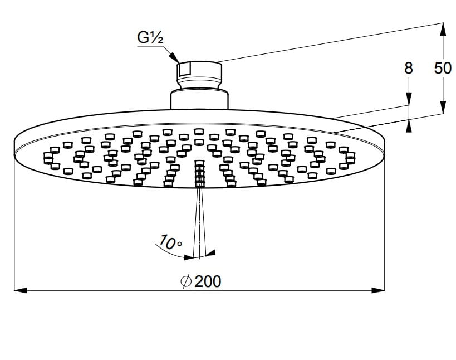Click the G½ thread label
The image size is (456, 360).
(x=150, y=38)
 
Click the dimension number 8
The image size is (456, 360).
(x=409, y=69)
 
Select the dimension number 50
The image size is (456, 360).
(x=443, y=69)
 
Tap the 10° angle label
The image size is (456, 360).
(x=170, y=242)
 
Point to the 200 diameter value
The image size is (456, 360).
(x=208, y=281)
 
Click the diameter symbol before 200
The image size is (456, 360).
(x=187, y=281)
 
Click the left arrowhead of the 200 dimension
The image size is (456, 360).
(x=20, y=290)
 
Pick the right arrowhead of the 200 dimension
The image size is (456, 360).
(x=379, y=290)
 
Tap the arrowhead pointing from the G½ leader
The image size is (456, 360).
(x=175, y=57)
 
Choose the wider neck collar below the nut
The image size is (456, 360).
(x=199, y=98)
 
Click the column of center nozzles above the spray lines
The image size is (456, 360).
(x=199, y=174)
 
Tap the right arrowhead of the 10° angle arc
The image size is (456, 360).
(x=210, y=254)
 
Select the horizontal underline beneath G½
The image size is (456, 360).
(x=151, y=47)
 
